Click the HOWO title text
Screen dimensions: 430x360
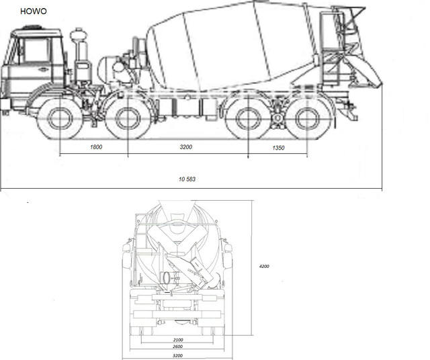coord(34,11)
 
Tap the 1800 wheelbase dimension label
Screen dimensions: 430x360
coord(96,147)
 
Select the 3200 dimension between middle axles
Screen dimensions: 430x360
coord(185,147)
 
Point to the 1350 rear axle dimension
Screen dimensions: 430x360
coord(278,148)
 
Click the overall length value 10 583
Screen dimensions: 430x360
coord(187,179)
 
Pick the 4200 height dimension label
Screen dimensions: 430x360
coord(264,266)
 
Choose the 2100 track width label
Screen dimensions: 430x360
coord(178,340)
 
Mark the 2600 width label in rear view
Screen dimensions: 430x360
coord(177,347)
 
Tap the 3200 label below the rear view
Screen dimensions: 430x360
coord(177,355)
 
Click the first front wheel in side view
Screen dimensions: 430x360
coord(60,118)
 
